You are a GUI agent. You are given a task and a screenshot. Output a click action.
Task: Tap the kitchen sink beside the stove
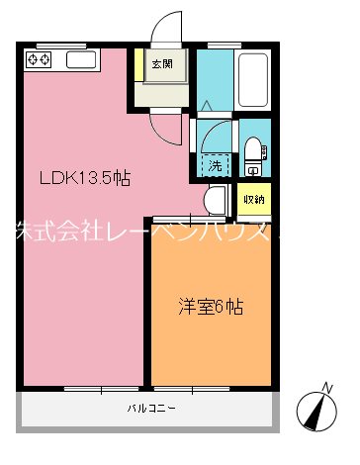click(x=80, y=60)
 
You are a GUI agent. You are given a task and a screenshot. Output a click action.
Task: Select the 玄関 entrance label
click(x=161, y=65)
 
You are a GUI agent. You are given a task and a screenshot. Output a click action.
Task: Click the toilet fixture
click(x=254, y=149)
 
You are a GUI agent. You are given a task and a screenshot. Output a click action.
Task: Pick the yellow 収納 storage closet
click(x=253, y=200)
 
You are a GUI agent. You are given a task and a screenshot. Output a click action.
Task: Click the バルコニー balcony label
click(x=149, y=408)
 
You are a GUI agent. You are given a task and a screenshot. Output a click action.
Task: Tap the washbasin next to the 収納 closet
click(x=216, y=199)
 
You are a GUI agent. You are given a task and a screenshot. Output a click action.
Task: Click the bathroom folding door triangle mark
click(x=205, y=105)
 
